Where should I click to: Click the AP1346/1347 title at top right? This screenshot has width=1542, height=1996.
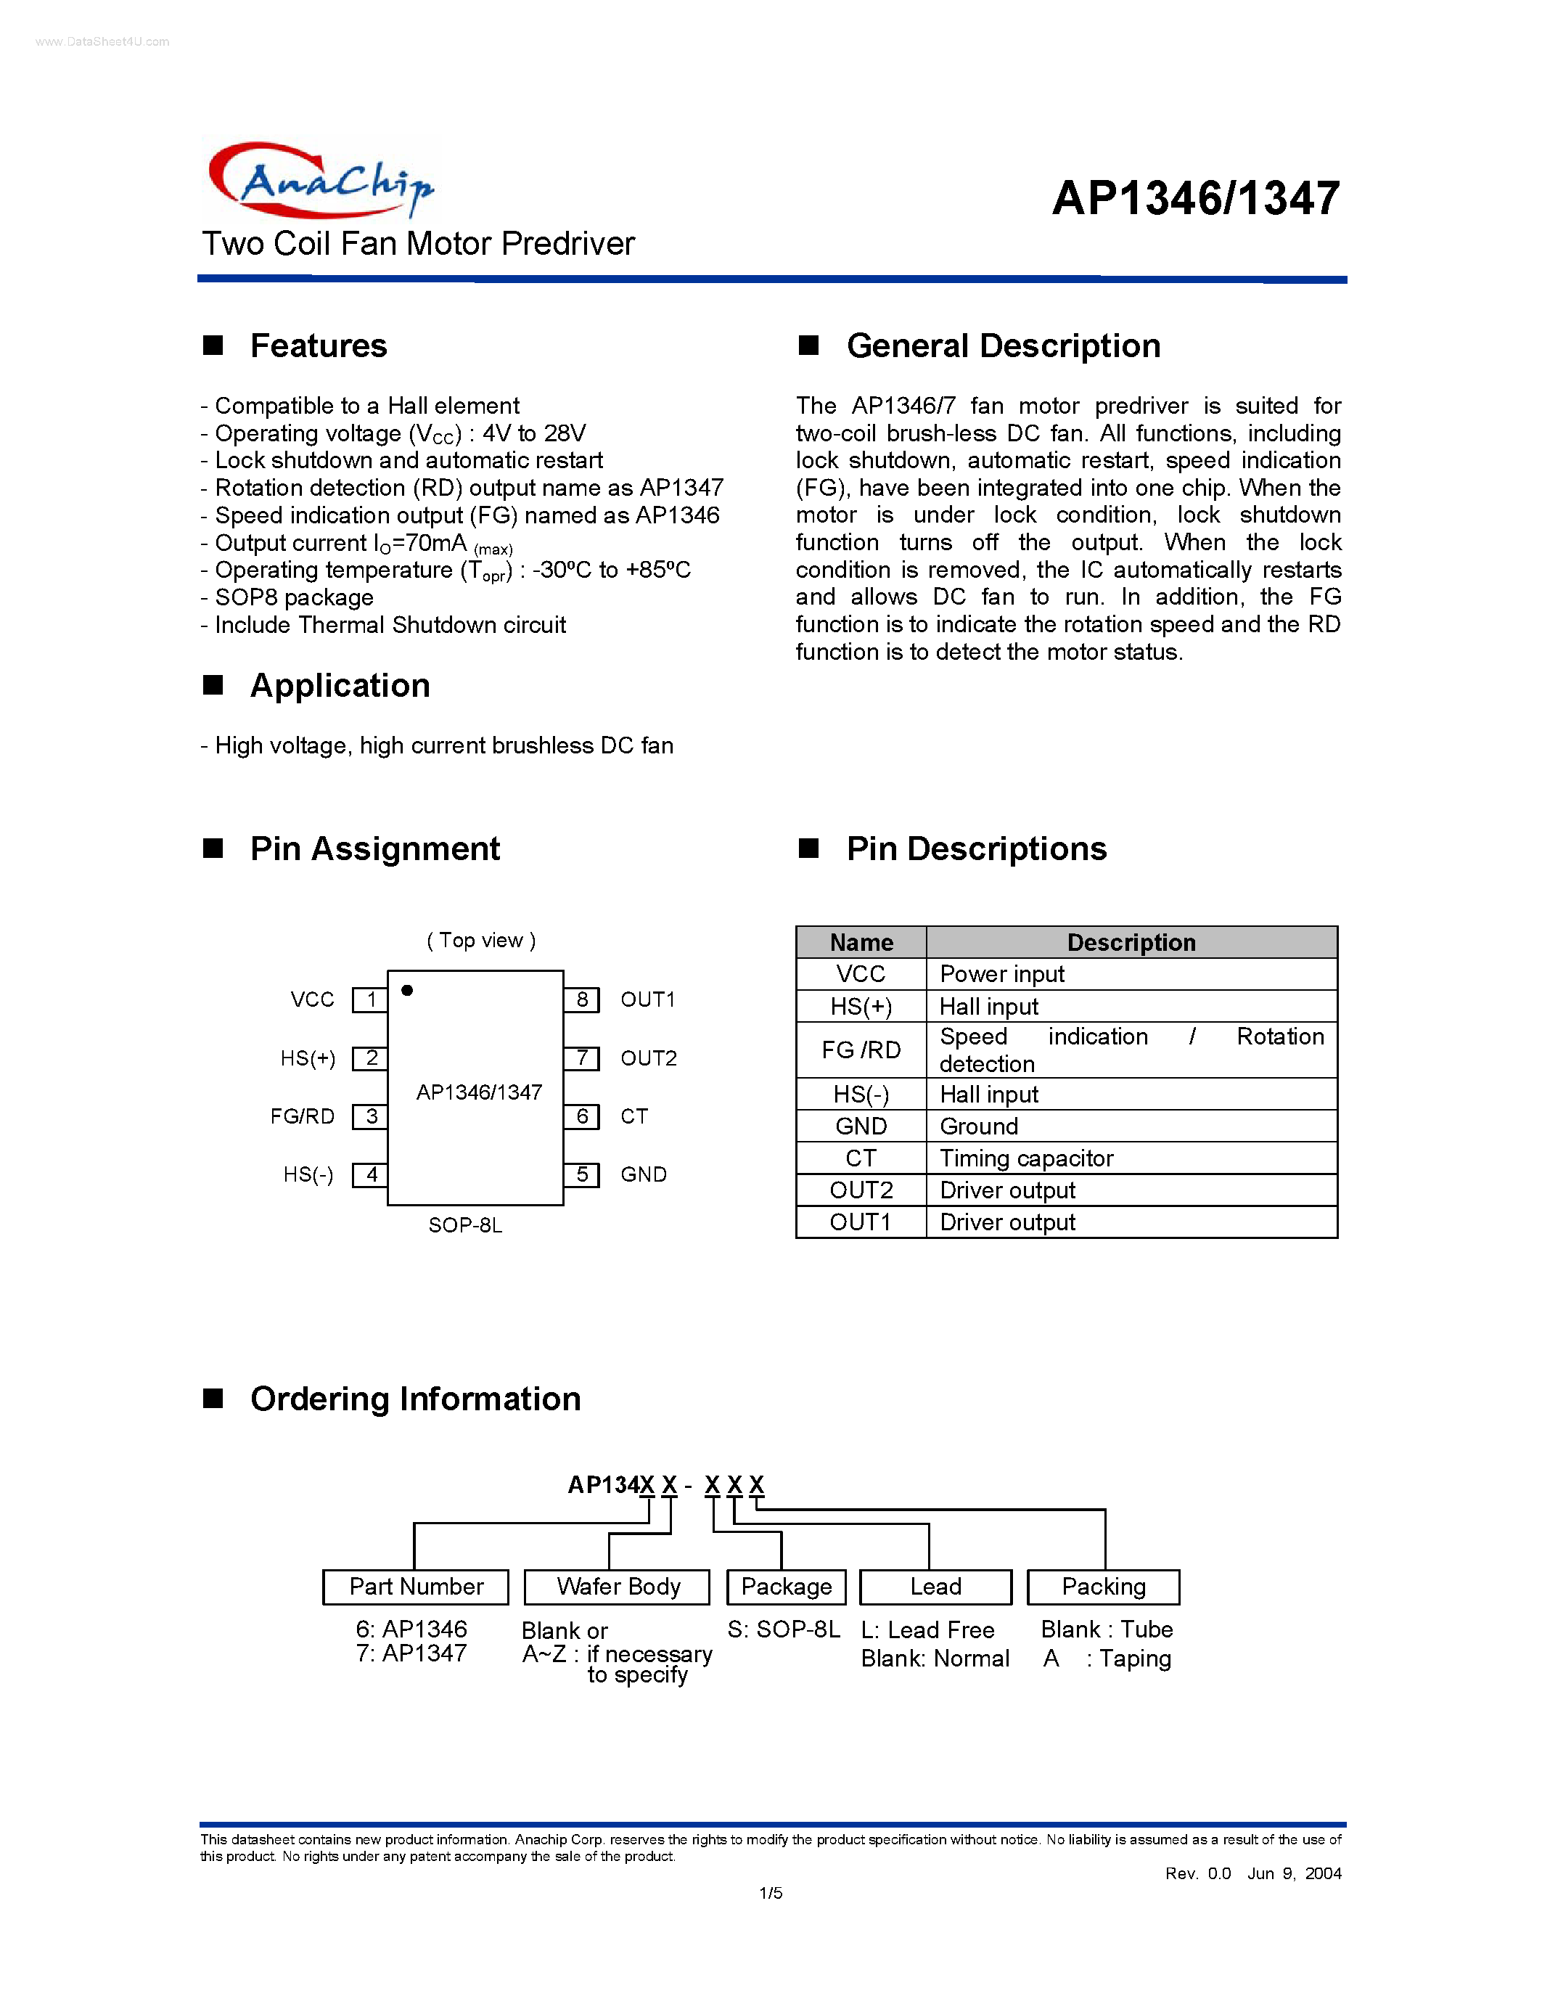(x=1196, y=198)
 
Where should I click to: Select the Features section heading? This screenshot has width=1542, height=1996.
(x=318, y=345)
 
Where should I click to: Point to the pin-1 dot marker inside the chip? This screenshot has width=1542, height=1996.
(x=407, y=991)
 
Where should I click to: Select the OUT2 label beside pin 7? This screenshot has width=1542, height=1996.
(x=649, y=1058)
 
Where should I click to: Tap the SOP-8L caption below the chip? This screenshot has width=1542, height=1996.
(x=465, y=1224)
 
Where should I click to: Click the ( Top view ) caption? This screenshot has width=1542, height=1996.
(x=481, y=941)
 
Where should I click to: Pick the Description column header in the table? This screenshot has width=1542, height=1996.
(x=1131, y=942)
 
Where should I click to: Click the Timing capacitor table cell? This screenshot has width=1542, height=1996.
(x=1027, y=1158)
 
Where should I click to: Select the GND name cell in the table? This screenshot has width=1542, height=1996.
(x=861, y=1126)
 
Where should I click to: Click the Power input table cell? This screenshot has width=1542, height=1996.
(x=1002, y=974)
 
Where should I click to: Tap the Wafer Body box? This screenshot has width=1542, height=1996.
(x=618, y=1587)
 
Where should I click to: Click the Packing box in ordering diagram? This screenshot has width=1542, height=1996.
(x=1104, y=1587)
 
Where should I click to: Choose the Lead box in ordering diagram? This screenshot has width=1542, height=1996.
(x=935, y=1587)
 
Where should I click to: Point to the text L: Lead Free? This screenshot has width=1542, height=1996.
(x=927, y=1629)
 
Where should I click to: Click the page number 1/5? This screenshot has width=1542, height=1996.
(x=770, y=1893)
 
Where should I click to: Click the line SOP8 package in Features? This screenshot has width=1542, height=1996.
(x=294, y=597)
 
